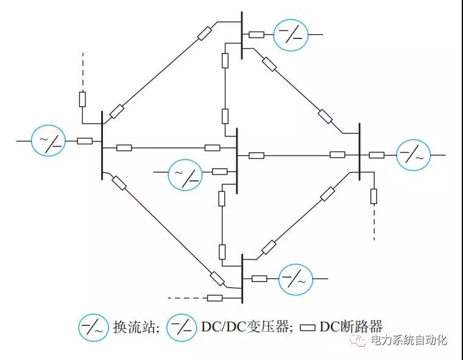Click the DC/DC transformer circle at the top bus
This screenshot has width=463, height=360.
click(x=291, y=35)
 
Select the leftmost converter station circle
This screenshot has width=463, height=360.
click(x=49, y=141)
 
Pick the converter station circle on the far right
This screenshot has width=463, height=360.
click(x=414, y=155)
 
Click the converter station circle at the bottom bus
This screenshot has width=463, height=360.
click(x=296, y=279)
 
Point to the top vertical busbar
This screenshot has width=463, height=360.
click(x=242, y=35)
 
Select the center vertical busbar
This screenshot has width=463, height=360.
click(x=236, y=156)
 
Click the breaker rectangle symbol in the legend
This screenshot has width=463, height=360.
click(x=309, y=328)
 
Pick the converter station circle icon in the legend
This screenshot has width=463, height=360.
click(x=93, y=328)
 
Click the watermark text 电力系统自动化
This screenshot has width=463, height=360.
click(x=409, y=340)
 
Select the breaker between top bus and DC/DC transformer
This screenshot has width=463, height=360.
click(x=256, y=35)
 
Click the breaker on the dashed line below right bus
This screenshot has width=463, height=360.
click(x=373, y=196)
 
